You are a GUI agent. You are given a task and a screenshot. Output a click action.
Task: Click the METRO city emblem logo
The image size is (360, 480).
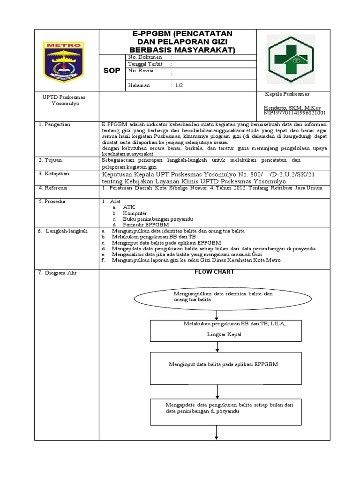63,60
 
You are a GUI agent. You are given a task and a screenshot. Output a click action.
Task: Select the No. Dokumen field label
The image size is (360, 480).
145,57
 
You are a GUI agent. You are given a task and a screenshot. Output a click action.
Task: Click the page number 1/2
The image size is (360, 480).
180,85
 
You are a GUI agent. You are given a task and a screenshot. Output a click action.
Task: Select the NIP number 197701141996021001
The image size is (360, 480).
295,113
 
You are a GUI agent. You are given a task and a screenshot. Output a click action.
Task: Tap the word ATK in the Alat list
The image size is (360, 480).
128,207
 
